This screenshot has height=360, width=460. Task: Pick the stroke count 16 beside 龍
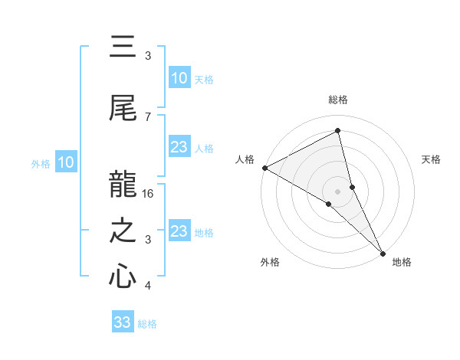click(149, 194)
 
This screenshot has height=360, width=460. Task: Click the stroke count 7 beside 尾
click(148, 116)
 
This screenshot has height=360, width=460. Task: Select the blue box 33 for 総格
click(123, 322)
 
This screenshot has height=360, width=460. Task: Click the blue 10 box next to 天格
click(179, 78)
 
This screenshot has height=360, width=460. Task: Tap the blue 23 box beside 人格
click(179, 147)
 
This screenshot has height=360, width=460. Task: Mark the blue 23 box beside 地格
click(179, 231)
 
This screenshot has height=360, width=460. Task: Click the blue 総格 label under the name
click(147, 324)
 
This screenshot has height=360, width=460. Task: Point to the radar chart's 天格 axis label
click(432, 159)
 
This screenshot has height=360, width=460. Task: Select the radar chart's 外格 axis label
click(270, 262)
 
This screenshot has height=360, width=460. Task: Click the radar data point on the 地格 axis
click(382, 252)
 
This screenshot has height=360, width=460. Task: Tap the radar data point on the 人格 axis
click(264, 168)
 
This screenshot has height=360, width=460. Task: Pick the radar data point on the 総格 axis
click(337, 131)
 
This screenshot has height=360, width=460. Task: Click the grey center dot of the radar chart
click(337, 191)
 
